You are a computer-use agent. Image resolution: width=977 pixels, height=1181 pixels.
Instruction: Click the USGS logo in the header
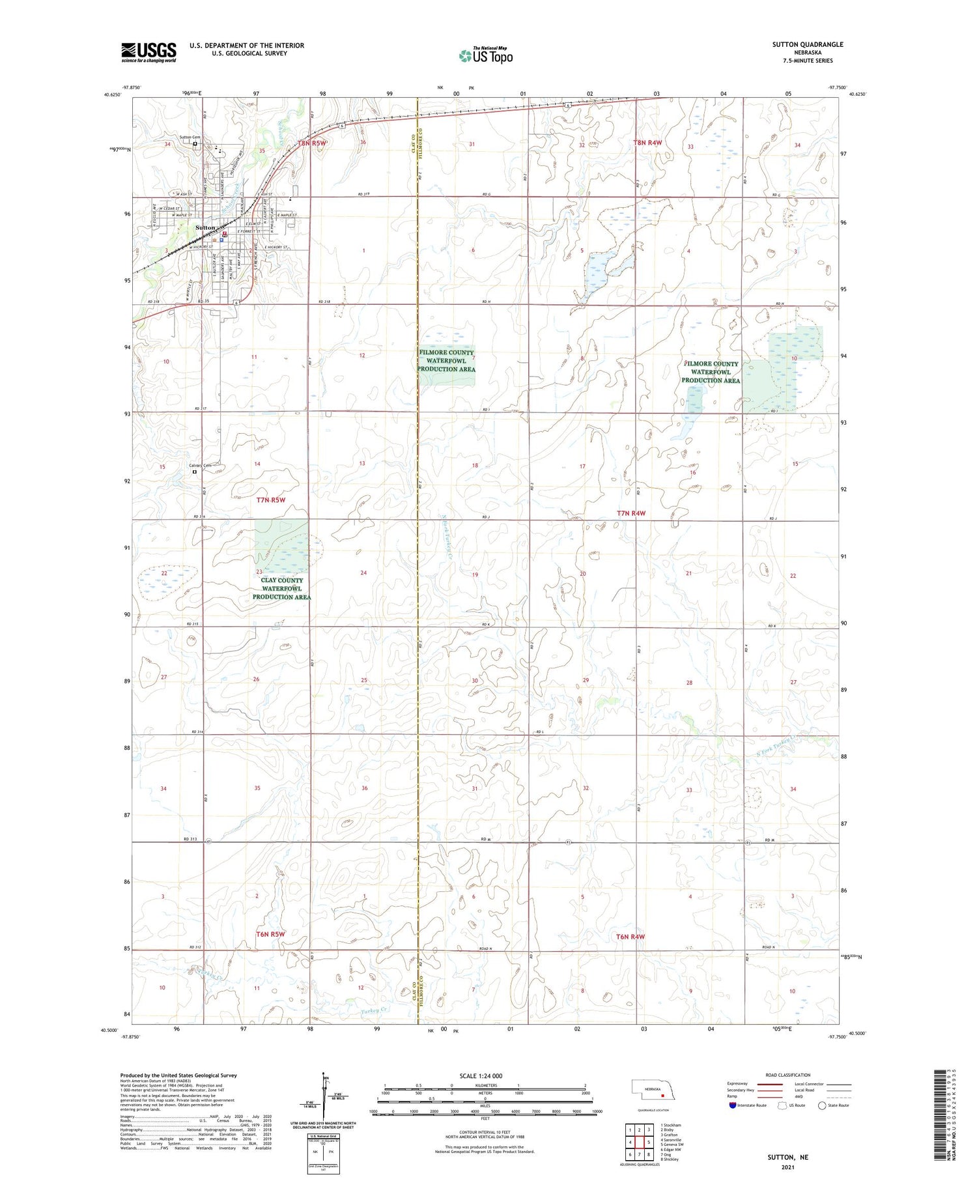tap(149, 52)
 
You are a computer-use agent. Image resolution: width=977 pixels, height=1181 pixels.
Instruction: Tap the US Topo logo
tap(486, 56)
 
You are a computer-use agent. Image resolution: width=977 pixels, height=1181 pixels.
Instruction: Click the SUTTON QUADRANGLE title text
tap(807, 44)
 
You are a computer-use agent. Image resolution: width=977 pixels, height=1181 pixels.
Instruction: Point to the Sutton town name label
tap(205, 227)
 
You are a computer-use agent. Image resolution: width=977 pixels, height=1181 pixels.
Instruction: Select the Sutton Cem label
tap(190, 137)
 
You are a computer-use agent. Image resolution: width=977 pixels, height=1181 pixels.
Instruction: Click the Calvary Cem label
tap(199, 465)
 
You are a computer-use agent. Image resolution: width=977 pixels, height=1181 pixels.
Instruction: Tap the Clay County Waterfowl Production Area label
tap(281, 588)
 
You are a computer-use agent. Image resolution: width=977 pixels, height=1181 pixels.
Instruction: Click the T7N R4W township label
tap(630, 513)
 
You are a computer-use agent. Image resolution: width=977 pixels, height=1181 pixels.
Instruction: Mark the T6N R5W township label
tap(270, 934)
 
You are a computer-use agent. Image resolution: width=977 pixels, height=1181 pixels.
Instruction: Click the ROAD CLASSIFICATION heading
tap(788, 1075)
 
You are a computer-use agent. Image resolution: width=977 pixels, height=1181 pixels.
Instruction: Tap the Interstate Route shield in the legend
tap(732, 1105)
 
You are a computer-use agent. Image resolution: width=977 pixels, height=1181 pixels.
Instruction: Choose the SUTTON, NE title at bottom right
tap(788, 1157)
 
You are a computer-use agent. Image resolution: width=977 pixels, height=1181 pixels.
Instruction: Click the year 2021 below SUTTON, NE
tap(788, 1167)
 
